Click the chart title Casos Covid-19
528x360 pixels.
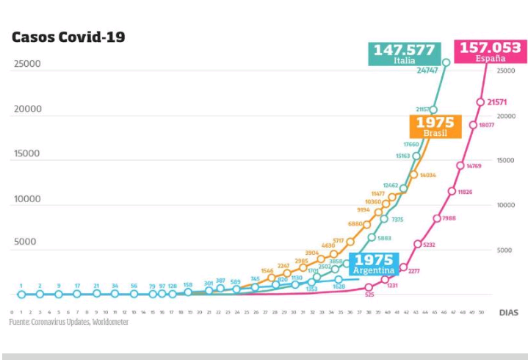[68, 37]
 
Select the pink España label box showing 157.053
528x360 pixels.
[490, 51]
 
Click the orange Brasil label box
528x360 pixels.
[435, 126]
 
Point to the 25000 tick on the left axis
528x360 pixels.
[27, 64]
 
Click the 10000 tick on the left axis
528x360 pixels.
[27, 199]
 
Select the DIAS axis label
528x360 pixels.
[508, 312]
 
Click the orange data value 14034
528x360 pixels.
[428, 176]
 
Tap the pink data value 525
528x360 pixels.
[369, 295]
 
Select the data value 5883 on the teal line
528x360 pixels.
[385, 238]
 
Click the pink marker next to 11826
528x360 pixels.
[452, 191]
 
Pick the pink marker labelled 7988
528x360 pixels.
[437, 218]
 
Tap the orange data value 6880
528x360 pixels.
[355, 223]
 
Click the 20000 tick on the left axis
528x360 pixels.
[27, 109]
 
